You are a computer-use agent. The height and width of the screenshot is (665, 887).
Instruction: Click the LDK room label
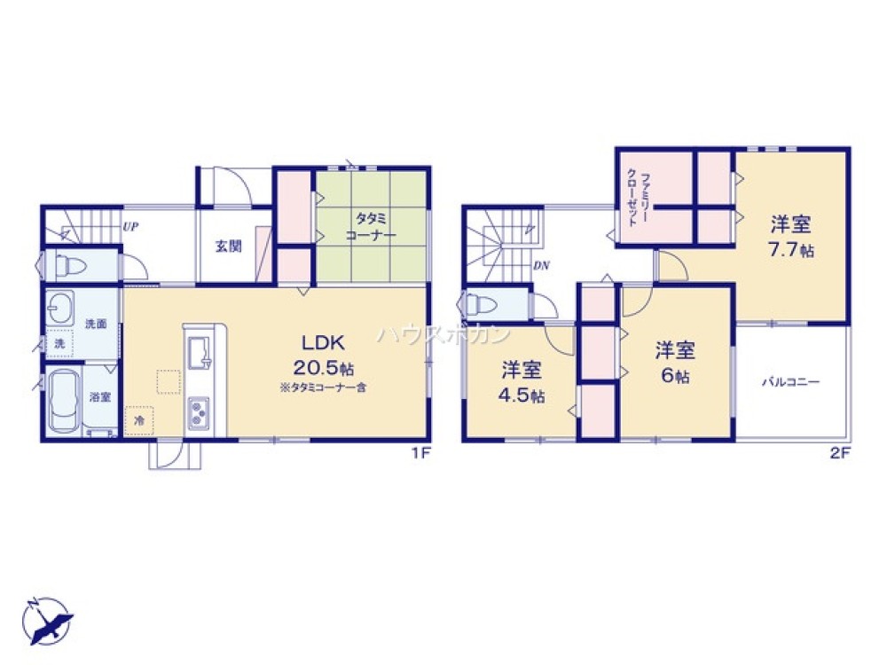coord(323,342)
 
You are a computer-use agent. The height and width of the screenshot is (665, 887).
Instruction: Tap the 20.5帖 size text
coord(323,368)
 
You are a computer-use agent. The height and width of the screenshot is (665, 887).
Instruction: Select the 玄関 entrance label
coord(229,246)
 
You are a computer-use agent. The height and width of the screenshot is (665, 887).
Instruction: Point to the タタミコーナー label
coord(371,226)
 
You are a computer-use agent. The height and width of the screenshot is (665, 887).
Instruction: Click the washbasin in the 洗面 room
coord(60,309)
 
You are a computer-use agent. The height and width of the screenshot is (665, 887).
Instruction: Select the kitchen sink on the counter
coord(199,352)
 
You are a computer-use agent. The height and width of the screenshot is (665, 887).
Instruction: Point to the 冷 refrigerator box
coord(139,420)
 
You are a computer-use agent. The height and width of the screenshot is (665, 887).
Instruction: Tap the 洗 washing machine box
coord(59,343)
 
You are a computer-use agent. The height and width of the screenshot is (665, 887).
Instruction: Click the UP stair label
coord(130,227)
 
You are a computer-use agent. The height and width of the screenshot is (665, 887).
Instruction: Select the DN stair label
coord(541,265)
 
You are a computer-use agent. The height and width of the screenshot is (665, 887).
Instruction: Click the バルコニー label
coord(790,382)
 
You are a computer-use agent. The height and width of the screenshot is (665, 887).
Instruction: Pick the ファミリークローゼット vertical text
coord(638,198)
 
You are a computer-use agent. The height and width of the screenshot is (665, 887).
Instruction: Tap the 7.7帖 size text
coord(790,250)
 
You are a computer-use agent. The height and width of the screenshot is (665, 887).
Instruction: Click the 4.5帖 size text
coord(521,395)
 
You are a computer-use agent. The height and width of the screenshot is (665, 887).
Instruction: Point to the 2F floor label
coord(840,453)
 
